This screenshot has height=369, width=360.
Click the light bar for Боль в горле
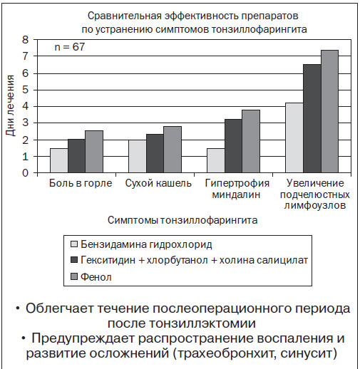click(x=59, y=160)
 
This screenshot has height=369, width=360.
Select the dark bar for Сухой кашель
click(x=155, y=153)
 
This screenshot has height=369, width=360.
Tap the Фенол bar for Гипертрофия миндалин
click(x=251, y=141)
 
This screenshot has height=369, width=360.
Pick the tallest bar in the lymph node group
click(x=329, y=111)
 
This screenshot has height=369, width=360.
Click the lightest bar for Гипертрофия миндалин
click(x=216, y=160)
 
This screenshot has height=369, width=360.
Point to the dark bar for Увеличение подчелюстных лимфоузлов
click(x=312, y=118)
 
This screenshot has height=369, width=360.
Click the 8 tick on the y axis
click(x=25, y=40)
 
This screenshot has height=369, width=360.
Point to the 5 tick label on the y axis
click(x=25, y=90)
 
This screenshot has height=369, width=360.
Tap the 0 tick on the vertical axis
click(x=25, y=173)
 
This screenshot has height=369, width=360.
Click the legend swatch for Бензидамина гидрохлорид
click(x=74, y=244)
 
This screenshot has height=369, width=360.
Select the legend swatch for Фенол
click(x=74, y=276)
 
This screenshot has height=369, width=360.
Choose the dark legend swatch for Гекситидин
click(x=74, y=259)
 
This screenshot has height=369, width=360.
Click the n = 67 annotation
click(x=70, y=47)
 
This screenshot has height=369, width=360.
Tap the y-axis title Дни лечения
click(x=10, y=105)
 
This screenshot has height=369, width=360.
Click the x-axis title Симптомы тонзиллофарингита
click(x=182, y=220)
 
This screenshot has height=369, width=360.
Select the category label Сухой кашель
click(x=158, y=183)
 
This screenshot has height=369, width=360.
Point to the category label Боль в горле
click(x=81, y=183)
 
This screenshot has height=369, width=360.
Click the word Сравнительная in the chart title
click(x=125, y=16)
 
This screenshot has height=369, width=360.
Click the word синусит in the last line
click(x=309, y=353)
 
